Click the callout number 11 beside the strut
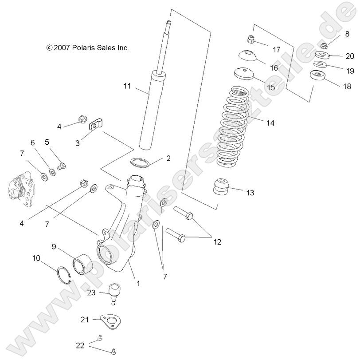127,87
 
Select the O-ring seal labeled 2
139,162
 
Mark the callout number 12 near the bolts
217,242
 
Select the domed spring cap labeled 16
248,56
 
